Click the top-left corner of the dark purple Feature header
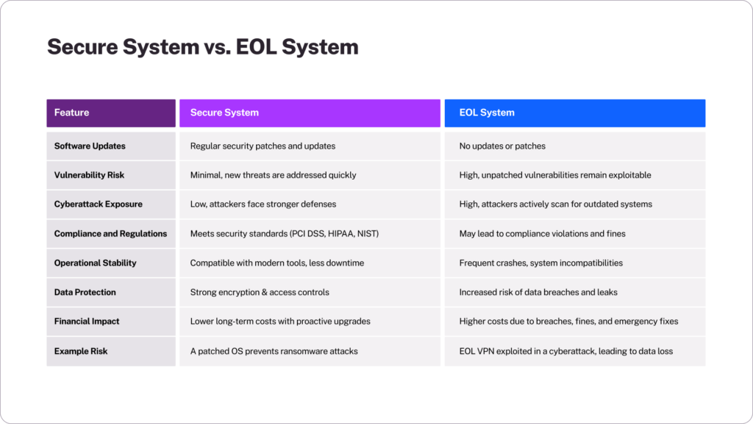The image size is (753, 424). tap(46, 99)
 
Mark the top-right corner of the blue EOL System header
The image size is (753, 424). tap(705, 99)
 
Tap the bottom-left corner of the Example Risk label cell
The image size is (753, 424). tap(46, 367)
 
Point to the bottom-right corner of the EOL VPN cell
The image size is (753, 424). tap(705, 367)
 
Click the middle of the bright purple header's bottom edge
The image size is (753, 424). tap(310, 127)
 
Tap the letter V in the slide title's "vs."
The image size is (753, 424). tap(210, 48)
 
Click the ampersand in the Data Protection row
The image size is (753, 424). tap(263, 292)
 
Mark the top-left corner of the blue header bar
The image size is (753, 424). tap(445, 99)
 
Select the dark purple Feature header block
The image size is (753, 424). tap(111, 113)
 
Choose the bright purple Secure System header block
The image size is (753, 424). tap(310, 113)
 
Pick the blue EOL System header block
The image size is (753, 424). tap(575, 113)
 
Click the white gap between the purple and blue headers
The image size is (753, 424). tap(442, 113)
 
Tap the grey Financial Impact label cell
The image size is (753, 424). tap(111, 322)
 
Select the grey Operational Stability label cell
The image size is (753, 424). tap(111, 263)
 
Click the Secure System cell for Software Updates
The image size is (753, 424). tap(310, 146)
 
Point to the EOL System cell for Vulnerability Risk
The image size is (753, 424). tap(575, 175)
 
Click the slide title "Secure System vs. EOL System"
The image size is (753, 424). tap(203, 47)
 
